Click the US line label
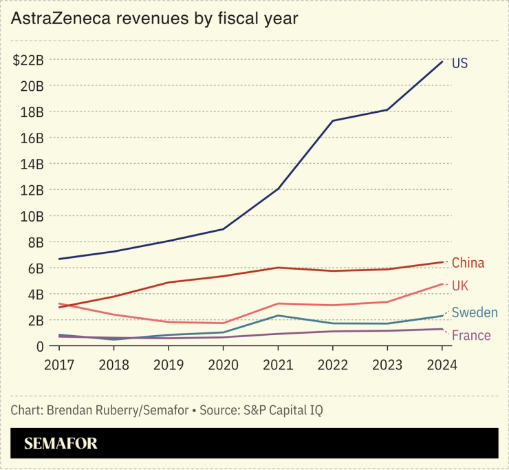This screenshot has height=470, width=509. tap(459, 63)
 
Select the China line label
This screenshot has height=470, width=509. tap(468, 263)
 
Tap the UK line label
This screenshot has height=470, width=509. tap(461, 286)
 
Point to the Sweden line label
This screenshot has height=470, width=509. tap(475, 313)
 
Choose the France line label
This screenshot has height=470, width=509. tap(471, 336)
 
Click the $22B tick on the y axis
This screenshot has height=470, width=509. tap(28, 60)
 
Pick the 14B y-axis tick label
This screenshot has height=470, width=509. tap(32, 164)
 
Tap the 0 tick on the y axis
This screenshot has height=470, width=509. tap(40, 346)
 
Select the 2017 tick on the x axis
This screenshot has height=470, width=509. tap(60, 365)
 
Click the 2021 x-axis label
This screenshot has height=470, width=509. tap(278, 365)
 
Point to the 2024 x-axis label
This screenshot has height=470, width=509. tap(442, 365)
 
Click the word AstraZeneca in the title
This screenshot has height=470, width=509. tap(60, 19)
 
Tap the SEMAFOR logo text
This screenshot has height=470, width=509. tap(61, 444)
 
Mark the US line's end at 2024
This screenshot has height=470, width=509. tap(442, 61)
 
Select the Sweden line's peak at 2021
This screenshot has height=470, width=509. tap(278, 315)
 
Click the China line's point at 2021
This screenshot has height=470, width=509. tap(278, 268)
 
